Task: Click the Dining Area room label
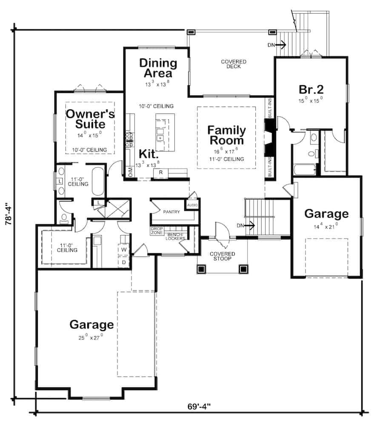click(x=158, y=68)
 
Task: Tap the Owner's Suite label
click(x=90, y=119)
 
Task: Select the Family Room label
click(x=226, y=135)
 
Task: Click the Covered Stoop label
click(x=222, y=256)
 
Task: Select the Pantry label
click(x=171, y=212)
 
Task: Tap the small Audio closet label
click(x=192, y=205)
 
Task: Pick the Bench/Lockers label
click(x=176, y=236)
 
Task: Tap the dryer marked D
click(x=124, y=262)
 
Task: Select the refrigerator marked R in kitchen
click(x=161, y=172)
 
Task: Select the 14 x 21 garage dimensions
click(x=326, y=225)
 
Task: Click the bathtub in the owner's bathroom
click(x=97, y=181)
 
